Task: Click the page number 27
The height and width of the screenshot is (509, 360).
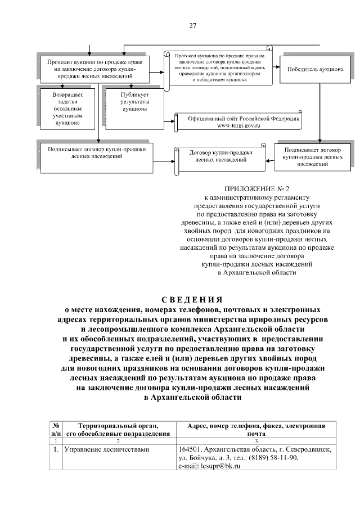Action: tap(192, 26)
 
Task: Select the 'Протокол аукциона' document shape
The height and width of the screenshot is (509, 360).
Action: tap(219, 68)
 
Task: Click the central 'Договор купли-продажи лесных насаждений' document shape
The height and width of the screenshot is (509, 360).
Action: tap(220, 156)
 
